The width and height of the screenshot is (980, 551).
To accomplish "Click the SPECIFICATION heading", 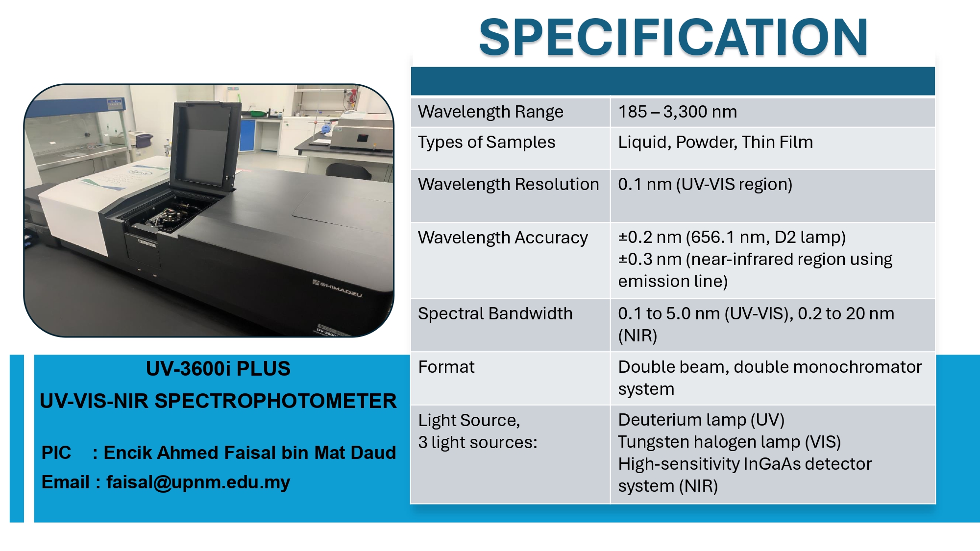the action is click(x=673, y=37).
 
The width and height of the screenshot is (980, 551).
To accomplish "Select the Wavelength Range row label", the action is click(x=490, y=112).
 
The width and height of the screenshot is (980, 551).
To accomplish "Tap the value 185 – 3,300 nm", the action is click(x=677, y=112).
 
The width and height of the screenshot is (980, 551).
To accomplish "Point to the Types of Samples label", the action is click(x=487, y=142).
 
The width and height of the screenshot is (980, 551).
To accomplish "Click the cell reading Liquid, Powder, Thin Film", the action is click(x=715, y=142).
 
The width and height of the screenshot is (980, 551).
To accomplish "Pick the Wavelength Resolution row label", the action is click(x=509, y=184).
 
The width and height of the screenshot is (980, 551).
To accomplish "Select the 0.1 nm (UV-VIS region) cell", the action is click(x=705, y=184).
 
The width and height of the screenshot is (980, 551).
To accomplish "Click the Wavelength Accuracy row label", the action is click(x=503, y=238).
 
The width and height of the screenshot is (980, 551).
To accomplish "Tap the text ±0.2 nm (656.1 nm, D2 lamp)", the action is click(x=732, y=237).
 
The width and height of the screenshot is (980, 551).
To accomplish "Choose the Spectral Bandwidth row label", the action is click(x=495, y=313).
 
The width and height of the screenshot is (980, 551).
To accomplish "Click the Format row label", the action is click(x=446, y=367).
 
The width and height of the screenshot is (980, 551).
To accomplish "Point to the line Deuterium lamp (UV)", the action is click(x=701, y=420).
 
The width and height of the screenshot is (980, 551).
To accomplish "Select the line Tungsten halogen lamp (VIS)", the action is click(x=730, y=442).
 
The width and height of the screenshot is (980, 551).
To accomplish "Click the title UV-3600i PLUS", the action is click(x=218, y=368).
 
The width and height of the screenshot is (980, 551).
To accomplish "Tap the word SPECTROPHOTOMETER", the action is click(x=276, y=401).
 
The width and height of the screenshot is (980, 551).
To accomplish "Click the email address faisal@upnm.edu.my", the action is click(x=198, y=482).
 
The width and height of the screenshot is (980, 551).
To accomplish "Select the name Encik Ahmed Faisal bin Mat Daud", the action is click(x=249, y=453).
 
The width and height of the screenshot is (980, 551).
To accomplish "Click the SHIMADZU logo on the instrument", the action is click(x=337, y=288).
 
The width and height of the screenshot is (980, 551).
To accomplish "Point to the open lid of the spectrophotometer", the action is click(x=206, y=142).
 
